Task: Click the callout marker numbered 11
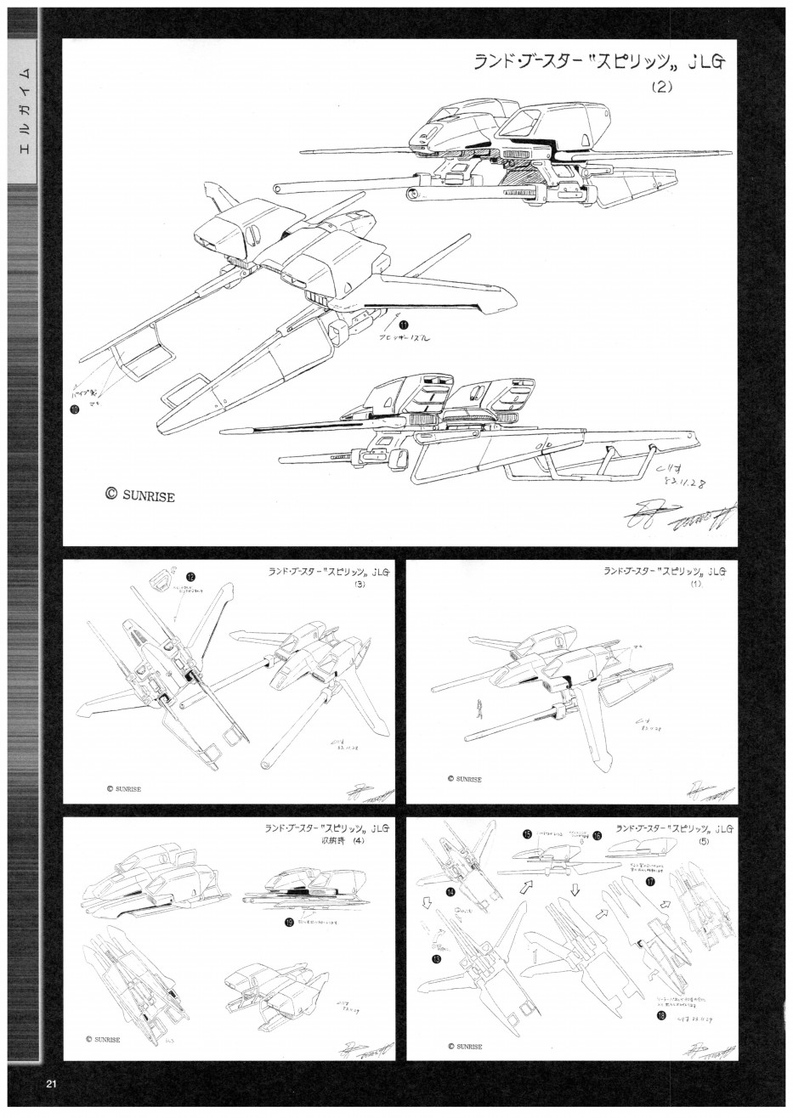[403, 324]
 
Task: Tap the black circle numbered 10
[76, 408]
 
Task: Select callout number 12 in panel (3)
[190, 576]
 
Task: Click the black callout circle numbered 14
[450, 892]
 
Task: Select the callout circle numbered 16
[598, 835]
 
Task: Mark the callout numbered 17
[649, 882]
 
